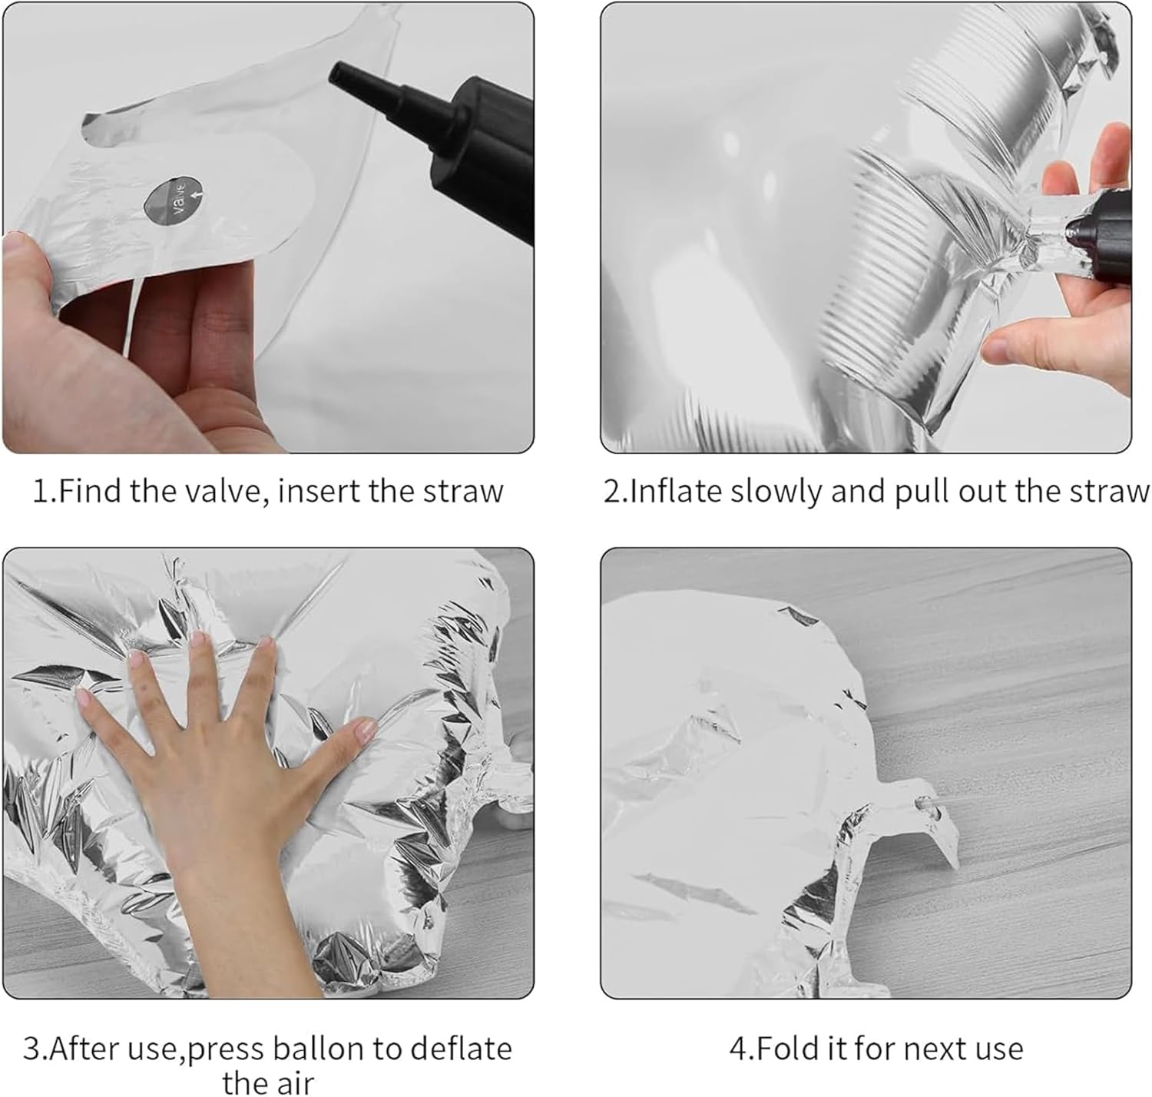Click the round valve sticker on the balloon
point(175,201)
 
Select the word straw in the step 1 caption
point(463,491)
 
